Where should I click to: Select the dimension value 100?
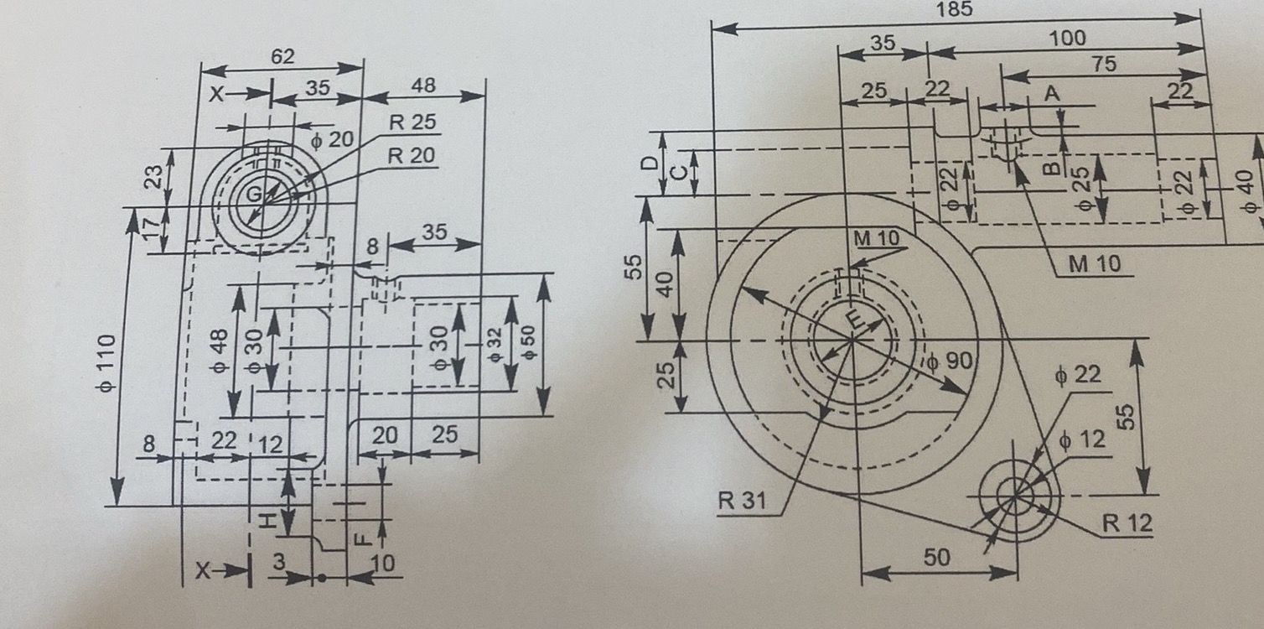tap(1066, 38)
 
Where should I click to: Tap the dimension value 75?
tap(1104, 64)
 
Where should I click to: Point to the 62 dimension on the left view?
tap(282, 56)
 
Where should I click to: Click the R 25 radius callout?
tap(412, 122)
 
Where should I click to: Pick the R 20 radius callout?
tap(412, 155)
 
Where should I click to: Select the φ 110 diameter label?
tap(108, 363)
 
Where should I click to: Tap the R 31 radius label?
tap(742, 502)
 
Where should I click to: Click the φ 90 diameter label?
tap(949, 361)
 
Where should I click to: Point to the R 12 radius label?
tap(1127, 523)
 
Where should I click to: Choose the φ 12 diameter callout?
tap(1081, 439)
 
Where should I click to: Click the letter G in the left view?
tap(251, 195)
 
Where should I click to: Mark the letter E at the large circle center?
tap(853, 320)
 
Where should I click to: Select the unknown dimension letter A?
tap(1052, 95)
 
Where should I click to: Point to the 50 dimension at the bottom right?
tap(937, 557)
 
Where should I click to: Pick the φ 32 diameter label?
tap(495, 342)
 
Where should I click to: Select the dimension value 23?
tap(153, 177)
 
